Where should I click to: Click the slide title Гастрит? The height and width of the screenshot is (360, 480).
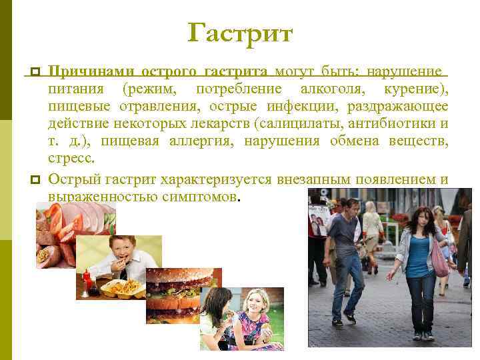240,33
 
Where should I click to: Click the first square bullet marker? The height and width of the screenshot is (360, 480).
35,72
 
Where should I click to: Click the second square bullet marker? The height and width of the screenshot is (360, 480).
35,179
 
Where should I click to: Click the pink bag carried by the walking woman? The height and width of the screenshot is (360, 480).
439,261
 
